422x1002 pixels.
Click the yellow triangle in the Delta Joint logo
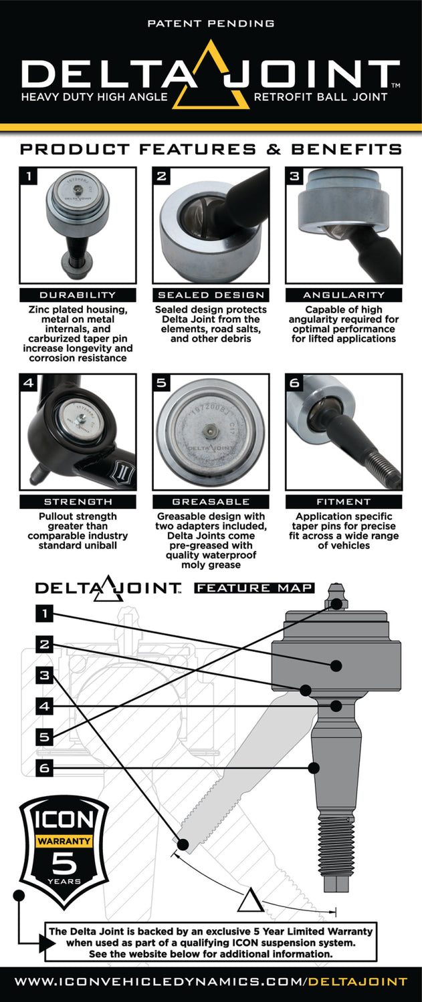tap(211, 76)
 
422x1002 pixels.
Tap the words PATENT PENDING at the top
tap(211, 23)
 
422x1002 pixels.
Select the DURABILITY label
tap(78, 295)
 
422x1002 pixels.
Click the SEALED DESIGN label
tap(211, 295)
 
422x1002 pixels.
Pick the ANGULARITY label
tap(344, 295)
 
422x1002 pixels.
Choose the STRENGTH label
tap(78, 501)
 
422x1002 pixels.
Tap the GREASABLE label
tap(211, 501)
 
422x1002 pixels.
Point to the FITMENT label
tap(344, 501)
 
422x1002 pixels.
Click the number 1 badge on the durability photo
tap(29, 176)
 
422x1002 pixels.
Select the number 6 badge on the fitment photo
tap(295, 383)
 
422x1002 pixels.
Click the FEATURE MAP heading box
tap(254, 588)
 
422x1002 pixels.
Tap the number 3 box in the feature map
tap(44, 675)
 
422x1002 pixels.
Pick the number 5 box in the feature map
tap(44, 737)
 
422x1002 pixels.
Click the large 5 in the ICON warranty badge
tap(64, 864)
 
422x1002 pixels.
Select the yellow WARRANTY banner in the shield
tap(64, 839)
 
